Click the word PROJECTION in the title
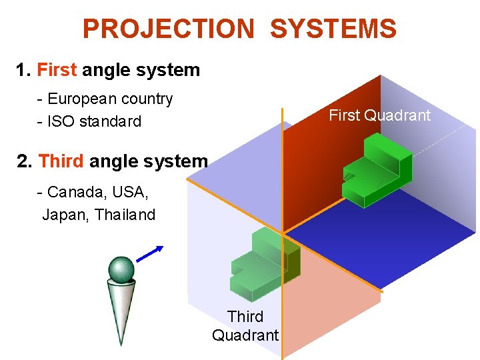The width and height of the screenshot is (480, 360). tap(168, 29)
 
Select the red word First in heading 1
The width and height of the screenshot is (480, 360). tap(57, 70)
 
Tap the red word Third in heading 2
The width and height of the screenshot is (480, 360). tap(61, 161)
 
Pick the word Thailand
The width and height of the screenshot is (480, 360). tap(125, 215)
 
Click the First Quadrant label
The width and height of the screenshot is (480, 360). tap(379, 115)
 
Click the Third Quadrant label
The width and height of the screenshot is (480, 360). tap(245, 325)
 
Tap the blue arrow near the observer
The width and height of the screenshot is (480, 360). tap(150, 254)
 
